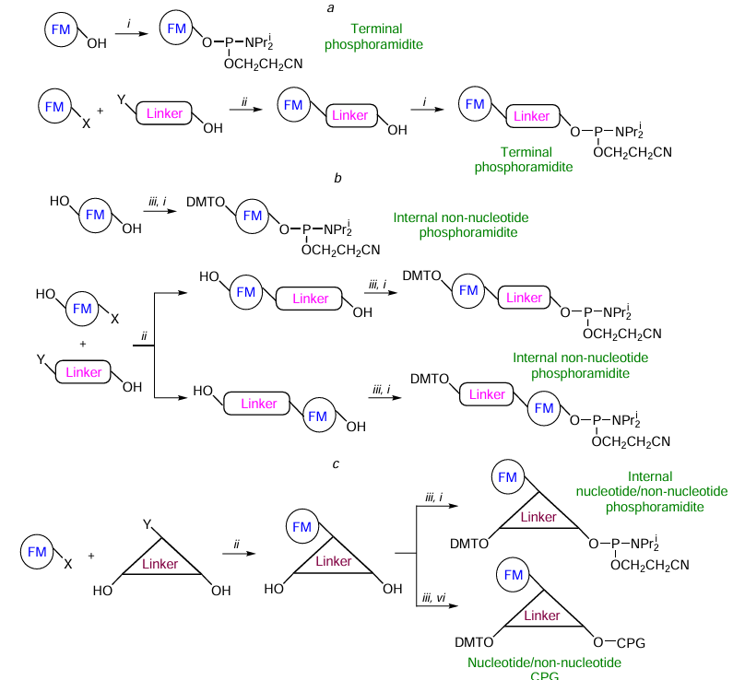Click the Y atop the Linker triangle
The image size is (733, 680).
click(147, 523)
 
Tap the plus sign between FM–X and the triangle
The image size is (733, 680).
click(91, 557)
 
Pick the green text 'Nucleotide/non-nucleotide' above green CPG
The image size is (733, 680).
click(544, 662)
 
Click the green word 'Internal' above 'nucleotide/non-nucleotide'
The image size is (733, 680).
click(650, 476)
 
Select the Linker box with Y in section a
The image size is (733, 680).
click(166, 113)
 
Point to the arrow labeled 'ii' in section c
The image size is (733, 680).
click(240, 554)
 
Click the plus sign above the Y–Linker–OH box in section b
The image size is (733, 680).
click(83, 344)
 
